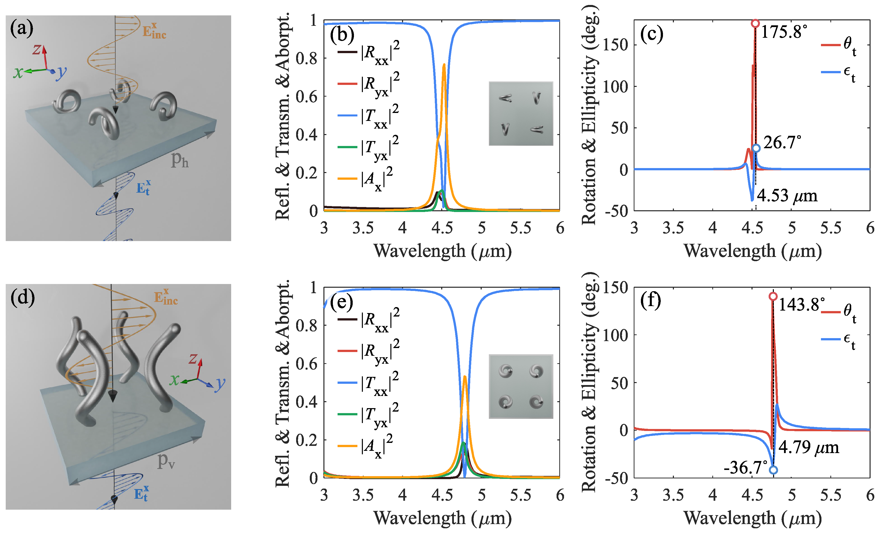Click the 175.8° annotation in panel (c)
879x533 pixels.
(x=784, y=32)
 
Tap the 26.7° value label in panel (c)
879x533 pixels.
(x=782, y=142)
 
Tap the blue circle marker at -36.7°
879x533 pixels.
(x=773, y=470)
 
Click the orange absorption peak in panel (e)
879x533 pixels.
(x=465, y=377)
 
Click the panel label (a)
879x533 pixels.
(x=21, y=29)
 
